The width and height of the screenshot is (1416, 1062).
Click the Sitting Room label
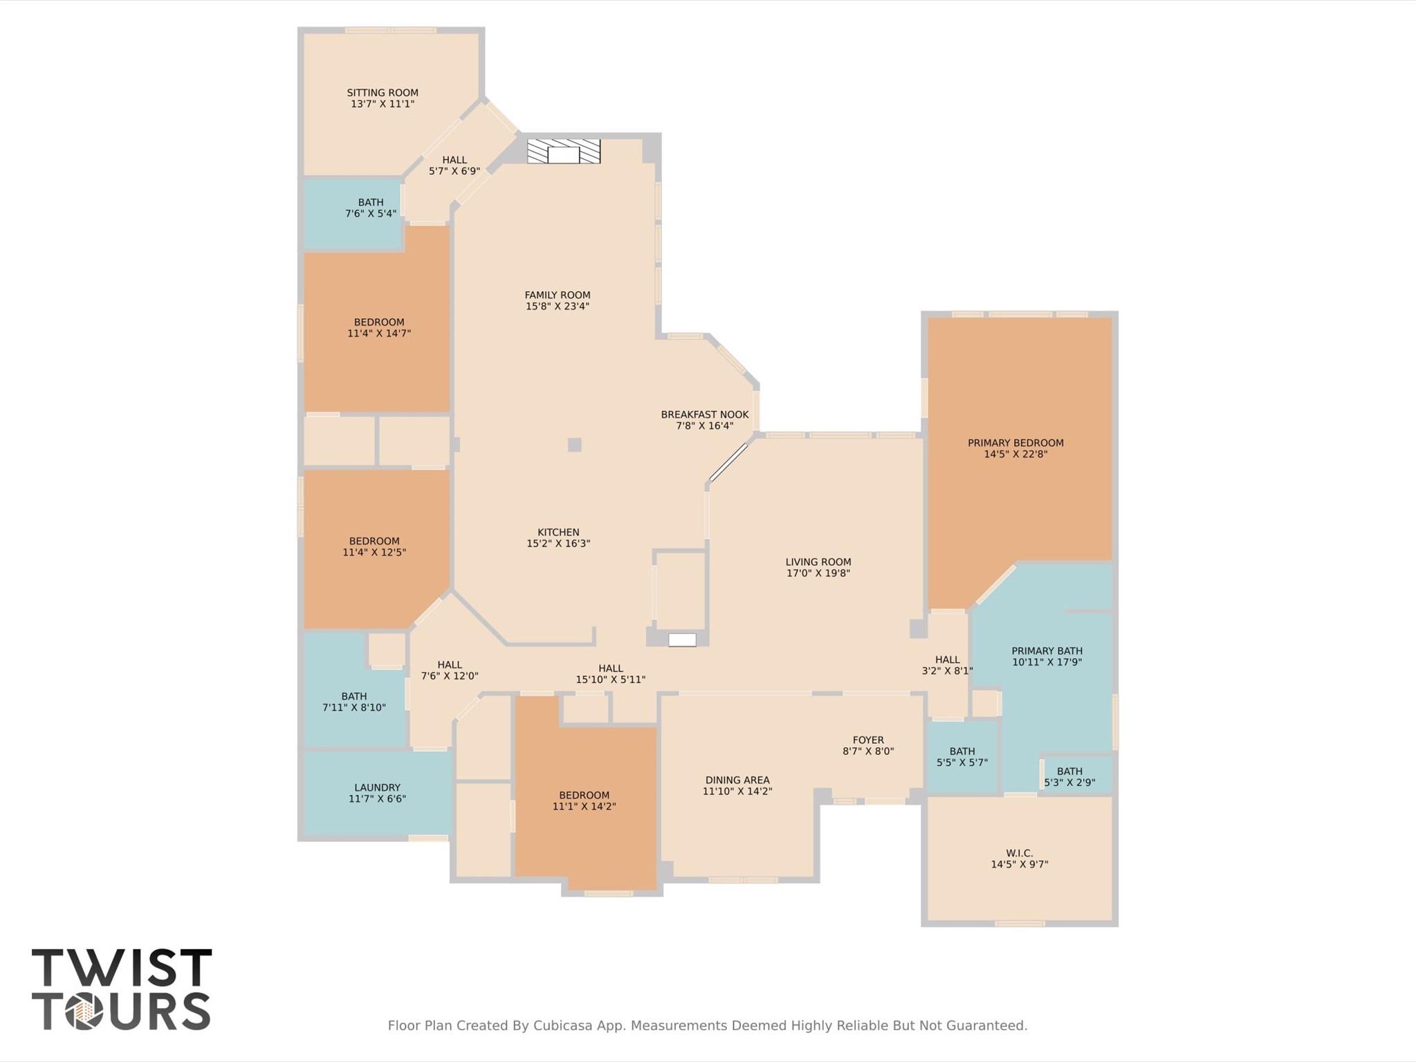[382, 93]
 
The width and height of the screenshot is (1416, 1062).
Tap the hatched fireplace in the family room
[563, 152]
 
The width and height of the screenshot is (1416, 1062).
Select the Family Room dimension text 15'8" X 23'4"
[557, 306]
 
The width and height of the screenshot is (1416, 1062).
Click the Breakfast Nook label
[704, 414]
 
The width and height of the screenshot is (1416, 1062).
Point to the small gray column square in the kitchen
[574, 445]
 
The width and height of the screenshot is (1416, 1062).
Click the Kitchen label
[558, 532]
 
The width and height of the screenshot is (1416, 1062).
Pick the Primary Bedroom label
[1015, 443]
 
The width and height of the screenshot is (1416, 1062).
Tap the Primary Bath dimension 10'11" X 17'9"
[1046, 662]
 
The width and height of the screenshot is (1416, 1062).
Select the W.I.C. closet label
[1019, 853]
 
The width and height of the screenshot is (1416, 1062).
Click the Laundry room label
[377, 787]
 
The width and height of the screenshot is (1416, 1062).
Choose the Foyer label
[867, 740]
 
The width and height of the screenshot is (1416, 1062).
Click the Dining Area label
[737, 780]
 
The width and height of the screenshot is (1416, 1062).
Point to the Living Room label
[818, 562]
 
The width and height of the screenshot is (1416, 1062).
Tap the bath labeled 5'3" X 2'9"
[1069, 776]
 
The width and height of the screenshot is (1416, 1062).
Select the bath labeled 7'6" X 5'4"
[371, 208]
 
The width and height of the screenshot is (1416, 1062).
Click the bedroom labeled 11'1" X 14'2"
[584, 800]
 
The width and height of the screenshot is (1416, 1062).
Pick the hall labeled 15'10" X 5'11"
[610, 674]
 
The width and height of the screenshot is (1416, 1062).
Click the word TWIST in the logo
[122, 968]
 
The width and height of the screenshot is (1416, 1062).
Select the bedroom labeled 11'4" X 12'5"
[374, 547]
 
